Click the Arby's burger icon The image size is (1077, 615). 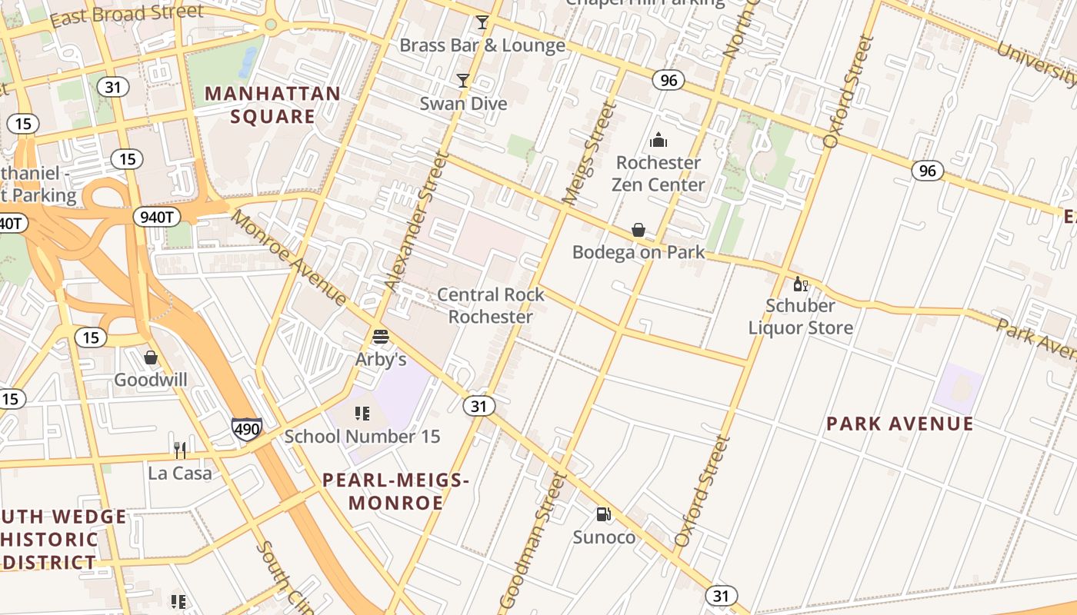[x=381, y=337]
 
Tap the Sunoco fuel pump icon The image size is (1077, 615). [x=604, y=514]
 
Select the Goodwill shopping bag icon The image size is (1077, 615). [x=151, y=357]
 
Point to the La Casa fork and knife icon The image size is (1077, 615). [x=180, y=450]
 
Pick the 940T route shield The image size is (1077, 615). [x=157, y=218]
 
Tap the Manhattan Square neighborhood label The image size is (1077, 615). [x=272, y=105]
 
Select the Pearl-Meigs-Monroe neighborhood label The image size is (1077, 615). [x=395, y=492]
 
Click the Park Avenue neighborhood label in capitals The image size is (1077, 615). [x=899, y=424]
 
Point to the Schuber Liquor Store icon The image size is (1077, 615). [x=800, y=284]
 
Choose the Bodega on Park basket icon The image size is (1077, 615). [x=638, y=230]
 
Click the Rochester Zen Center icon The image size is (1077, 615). [x=658, y=140]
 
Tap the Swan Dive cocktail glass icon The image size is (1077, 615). [x=462, y=81]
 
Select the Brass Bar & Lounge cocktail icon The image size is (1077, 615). [x=482, y=22]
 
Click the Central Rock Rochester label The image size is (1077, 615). [x=490, y=305]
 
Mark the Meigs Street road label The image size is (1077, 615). [x=590, y=154]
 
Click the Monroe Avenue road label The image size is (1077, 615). [x=289, y=258]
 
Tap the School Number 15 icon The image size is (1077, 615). [x=362, y=414]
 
